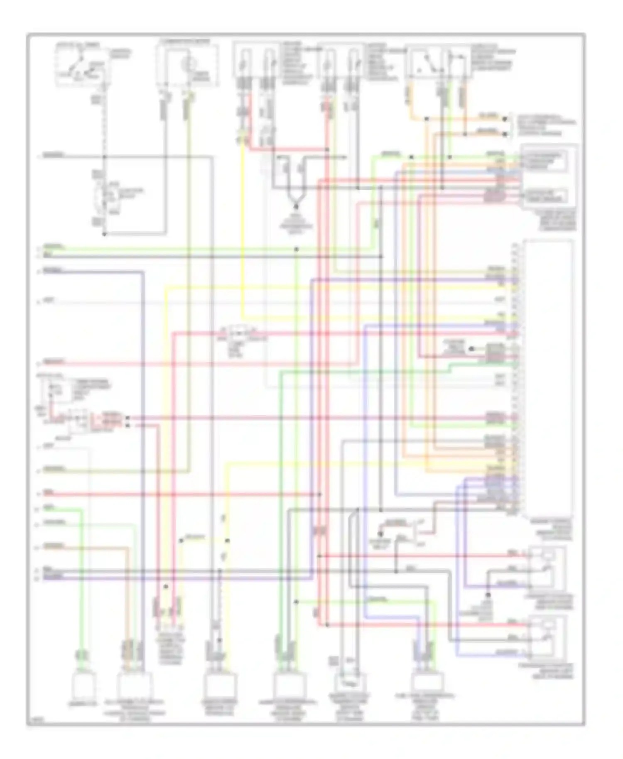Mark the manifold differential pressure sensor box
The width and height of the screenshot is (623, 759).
[x=289, y=686]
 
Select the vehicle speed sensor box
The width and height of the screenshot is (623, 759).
[x=220, y=686]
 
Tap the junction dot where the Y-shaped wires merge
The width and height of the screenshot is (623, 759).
[x=296, y=206]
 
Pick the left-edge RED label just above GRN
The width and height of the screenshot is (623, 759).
[x=49, y=493]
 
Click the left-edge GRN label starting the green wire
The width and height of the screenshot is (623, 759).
[x=49, y=507]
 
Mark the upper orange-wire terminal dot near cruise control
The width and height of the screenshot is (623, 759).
[x=505, y=119]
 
